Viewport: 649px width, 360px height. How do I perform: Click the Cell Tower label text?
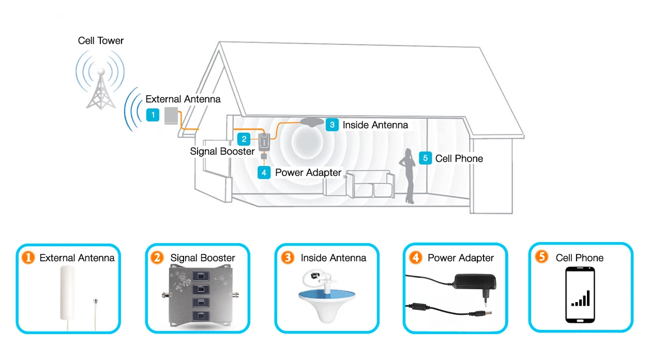[101, 40]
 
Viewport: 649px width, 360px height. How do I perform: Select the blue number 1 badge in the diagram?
[153, 115]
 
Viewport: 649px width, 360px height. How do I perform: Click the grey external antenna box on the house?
[171, 116]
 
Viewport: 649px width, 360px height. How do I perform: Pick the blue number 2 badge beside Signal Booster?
[244, 139]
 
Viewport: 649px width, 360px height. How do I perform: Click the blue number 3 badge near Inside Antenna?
[332, 125]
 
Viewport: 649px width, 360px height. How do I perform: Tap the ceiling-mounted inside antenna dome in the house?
[309, 122]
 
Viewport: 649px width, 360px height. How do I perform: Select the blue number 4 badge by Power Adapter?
[264, 172]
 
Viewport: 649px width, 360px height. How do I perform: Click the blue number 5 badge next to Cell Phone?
[425, 158]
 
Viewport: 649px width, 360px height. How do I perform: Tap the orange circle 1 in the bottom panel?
[27, 258]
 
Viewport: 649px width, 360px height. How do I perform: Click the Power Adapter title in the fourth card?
[461, 258]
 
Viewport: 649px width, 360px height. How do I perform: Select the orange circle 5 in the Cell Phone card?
[541, 257]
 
